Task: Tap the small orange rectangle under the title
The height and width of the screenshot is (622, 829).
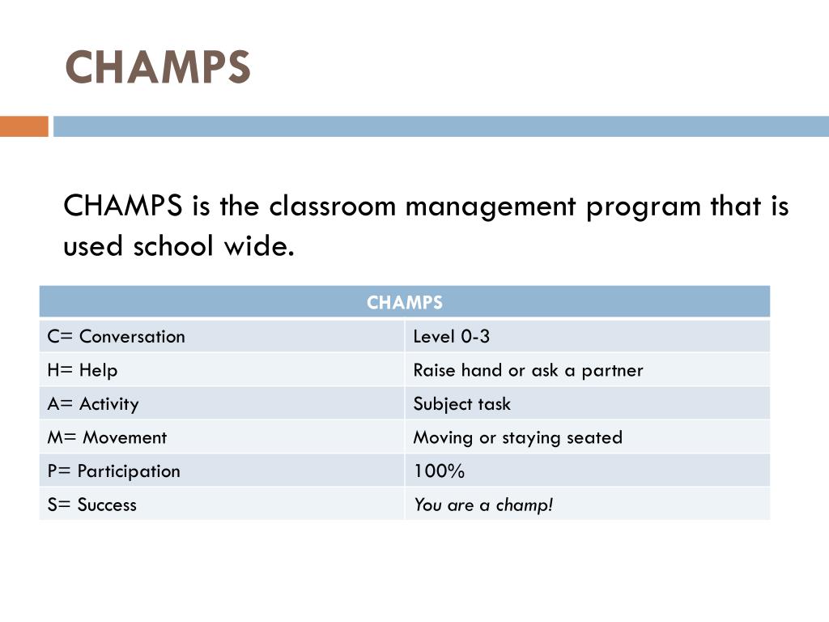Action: coord(23,126)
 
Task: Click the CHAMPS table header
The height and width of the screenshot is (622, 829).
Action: coord(405,303)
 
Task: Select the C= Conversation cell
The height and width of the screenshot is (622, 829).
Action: coord(116,336)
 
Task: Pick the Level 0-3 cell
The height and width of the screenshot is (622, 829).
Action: coord(451,336)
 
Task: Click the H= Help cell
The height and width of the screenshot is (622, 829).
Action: coord(82,370)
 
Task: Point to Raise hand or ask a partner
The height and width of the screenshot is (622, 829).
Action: coord(528,370)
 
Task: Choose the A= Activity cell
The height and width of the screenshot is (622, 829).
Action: coord(92,403)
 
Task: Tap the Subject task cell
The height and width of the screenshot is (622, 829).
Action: coord(461,403)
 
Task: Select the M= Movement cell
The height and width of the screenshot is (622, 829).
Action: coord(106,437)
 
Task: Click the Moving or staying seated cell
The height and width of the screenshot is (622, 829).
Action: coord(517,437)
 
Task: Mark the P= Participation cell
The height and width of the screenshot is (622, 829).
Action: coord(113,471)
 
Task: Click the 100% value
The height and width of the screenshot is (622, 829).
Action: coord(439,471)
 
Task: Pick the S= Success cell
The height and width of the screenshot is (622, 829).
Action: coord(91,505)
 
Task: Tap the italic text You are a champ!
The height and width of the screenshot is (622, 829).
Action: coord(483,505)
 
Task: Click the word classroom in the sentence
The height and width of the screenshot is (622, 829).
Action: coord(333,207)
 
